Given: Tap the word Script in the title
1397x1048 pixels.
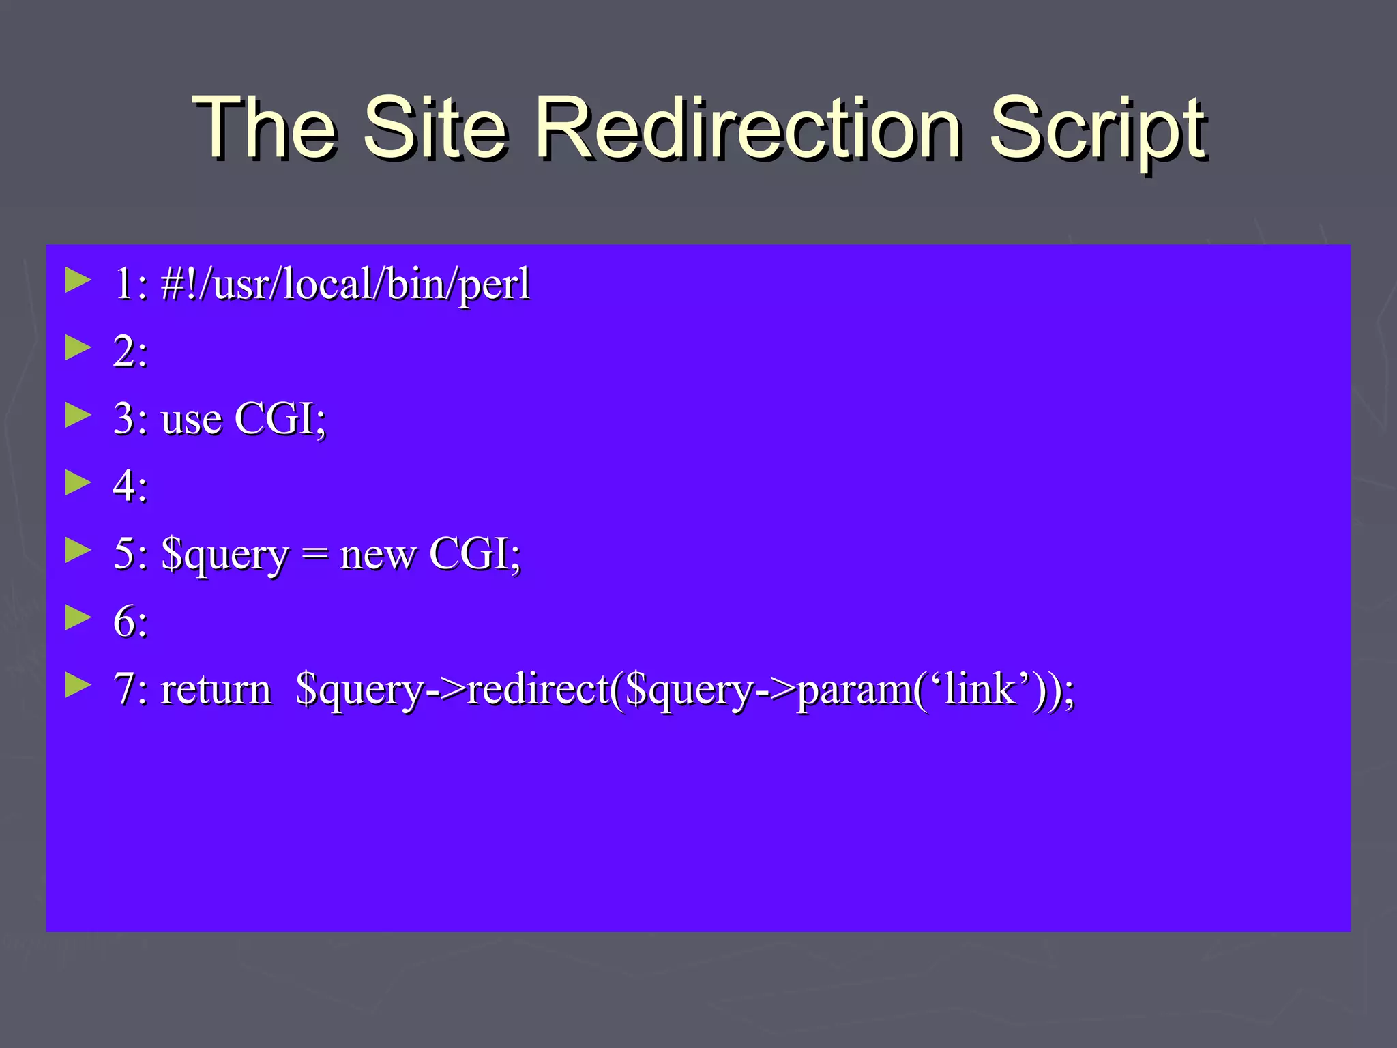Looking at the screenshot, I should point(1097,130).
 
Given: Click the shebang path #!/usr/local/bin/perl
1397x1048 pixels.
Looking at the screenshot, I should point(345,284).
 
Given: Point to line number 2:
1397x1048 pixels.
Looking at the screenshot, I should point(130,352).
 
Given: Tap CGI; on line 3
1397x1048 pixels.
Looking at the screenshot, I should point(280,419).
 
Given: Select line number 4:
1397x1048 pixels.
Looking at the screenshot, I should point(130,486).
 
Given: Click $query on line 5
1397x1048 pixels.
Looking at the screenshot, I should point(225,555).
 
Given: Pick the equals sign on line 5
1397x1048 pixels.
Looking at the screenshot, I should point(314,555).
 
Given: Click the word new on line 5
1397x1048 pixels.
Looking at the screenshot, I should point(377,555).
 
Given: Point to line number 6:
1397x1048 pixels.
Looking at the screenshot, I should point(130,622).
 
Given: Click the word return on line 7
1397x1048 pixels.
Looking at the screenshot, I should point(216,689).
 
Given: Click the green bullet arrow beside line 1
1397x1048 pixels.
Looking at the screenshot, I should point(78,280).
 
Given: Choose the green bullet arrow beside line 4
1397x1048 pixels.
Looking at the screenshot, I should point(78,483).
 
